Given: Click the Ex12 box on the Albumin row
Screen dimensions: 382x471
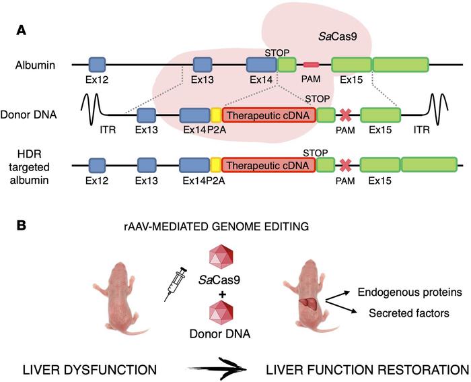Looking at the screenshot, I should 98,65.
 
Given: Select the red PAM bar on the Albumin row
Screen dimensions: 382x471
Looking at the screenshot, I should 311,65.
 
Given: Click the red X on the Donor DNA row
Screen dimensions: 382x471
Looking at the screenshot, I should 345,115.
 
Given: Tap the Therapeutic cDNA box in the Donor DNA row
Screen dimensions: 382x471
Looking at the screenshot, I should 268,115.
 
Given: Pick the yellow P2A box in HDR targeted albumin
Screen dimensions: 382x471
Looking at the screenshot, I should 216,164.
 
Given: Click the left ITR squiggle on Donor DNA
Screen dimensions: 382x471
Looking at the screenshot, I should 93,108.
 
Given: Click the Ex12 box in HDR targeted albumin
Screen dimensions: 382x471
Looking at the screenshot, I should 98,164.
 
